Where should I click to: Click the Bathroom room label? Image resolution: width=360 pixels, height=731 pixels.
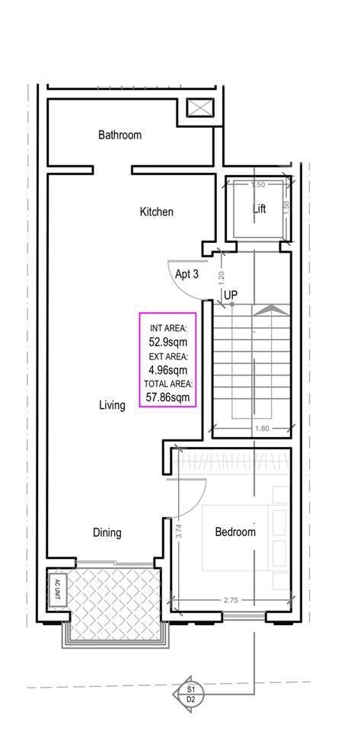click(119, 136)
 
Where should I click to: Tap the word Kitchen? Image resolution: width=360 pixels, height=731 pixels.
click(157, 212)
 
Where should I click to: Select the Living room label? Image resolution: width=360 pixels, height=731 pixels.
click(112, 405)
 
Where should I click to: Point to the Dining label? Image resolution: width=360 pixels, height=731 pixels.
click(107, 532)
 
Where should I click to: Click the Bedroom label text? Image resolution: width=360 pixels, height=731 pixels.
click(235, 532)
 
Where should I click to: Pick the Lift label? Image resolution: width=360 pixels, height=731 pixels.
click(260, 209)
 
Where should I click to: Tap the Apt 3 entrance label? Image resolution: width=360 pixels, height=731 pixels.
click(186, 274)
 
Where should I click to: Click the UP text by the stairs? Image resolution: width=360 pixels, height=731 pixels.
click(231, 295)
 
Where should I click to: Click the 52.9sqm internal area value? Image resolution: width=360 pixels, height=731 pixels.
click(168, 342)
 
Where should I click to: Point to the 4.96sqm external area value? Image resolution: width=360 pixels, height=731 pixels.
click(168, 371)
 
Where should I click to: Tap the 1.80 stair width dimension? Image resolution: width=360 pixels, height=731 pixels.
click(262, 428)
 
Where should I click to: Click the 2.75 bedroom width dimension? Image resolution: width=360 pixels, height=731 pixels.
click(231, 601)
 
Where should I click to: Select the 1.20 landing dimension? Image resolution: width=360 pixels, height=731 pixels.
click(221, 278)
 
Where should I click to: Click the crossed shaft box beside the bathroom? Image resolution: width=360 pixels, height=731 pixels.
click(200, 107)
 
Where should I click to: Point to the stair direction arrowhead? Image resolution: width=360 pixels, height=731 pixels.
click(272, 308)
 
